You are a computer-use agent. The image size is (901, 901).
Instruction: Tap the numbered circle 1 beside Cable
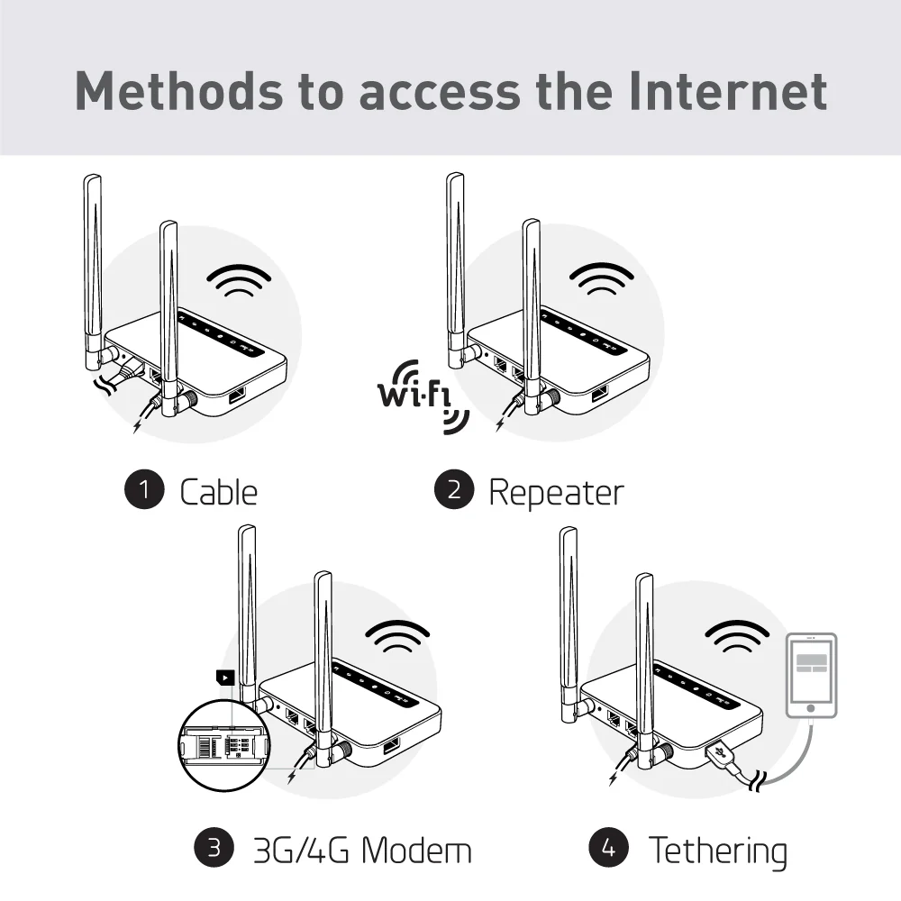[x=144, y=490]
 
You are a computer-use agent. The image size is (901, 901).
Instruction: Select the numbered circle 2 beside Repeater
[x=453, y=490]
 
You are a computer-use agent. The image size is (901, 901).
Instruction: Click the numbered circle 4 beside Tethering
[x=608, y=848]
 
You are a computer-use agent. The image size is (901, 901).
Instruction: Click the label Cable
[x=218, y=492]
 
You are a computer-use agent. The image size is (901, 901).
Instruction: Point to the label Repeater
[x=555, y=492]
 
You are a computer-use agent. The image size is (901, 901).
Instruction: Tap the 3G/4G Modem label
[x=361, y=850]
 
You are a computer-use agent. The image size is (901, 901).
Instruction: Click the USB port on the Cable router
[x=239, y=396]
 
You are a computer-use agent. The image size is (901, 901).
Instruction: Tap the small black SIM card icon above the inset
[x=223, y=678]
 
